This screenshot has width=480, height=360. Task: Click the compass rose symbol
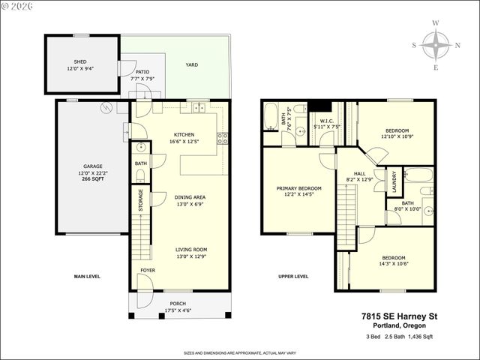pos(436,45)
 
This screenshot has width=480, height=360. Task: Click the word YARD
pos(192,65)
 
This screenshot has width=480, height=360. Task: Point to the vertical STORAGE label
pos(141,201)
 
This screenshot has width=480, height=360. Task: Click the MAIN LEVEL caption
pos(87,276)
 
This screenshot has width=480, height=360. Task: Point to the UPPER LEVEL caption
pos(292,276)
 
